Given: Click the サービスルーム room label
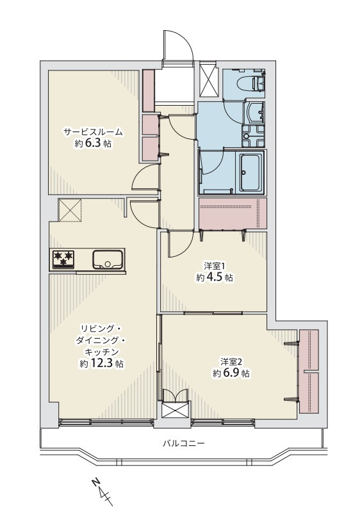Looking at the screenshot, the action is click(x=94, y=132).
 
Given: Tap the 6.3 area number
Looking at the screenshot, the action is click(x=94, y=143).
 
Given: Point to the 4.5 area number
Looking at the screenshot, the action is click(x=215, y=277).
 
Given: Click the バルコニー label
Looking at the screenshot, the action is click(x=184, y=444).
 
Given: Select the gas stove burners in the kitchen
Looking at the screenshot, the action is click(x=63, y=259).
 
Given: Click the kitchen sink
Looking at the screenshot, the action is click(x=108, y=259).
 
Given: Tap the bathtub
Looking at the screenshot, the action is click(x=252, y=173).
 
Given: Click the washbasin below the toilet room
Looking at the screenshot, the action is click(x=255, y=111).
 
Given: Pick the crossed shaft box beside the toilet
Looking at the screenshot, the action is click(x=208, y=79).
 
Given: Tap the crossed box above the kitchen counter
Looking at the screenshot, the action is click(x=70, y=209).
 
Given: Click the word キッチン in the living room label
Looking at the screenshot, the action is click(x=101, y=352).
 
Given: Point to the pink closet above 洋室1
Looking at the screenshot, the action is click(x=233, y=214).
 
